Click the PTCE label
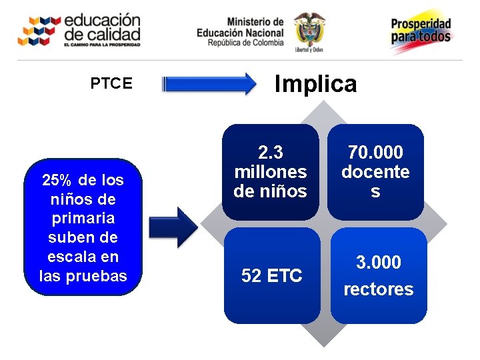click(x=111, y=83)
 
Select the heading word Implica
click(x=316, y=84)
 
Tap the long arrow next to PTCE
click(x=209, y=84)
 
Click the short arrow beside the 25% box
click(x=173, y=227)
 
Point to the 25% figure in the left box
click(x=57, y=180)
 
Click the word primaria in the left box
click(x=83, y=218)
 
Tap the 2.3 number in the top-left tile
click(x=271, y=152)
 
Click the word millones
click(x=271, y=171)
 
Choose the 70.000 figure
click(x=375, y=153)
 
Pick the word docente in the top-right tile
click(x=375, y=172)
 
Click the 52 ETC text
click(x=271, y=275)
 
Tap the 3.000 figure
click(x=378, y=263)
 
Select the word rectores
click(x=378, y=289)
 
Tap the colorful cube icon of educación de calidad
click(x=39, y=30)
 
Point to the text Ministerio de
click(x=255, y=22)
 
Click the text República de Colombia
click(x=245, y=43)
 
